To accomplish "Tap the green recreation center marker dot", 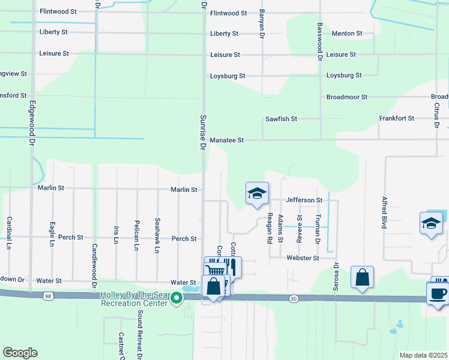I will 176,298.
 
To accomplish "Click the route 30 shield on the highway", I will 292,298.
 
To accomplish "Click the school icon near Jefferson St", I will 257,194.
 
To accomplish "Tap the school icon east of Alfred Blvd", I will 431,223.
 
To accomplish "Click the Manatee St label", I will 227,140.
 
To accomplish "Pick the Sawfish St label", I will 282,119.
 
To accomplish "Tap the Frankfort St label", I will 397,118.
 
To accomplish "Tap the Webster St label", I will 306,258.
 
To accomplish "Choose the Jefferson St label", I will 304,200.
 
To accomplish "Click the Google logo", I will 20,353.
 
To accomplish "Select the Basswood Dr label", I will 320,40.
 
